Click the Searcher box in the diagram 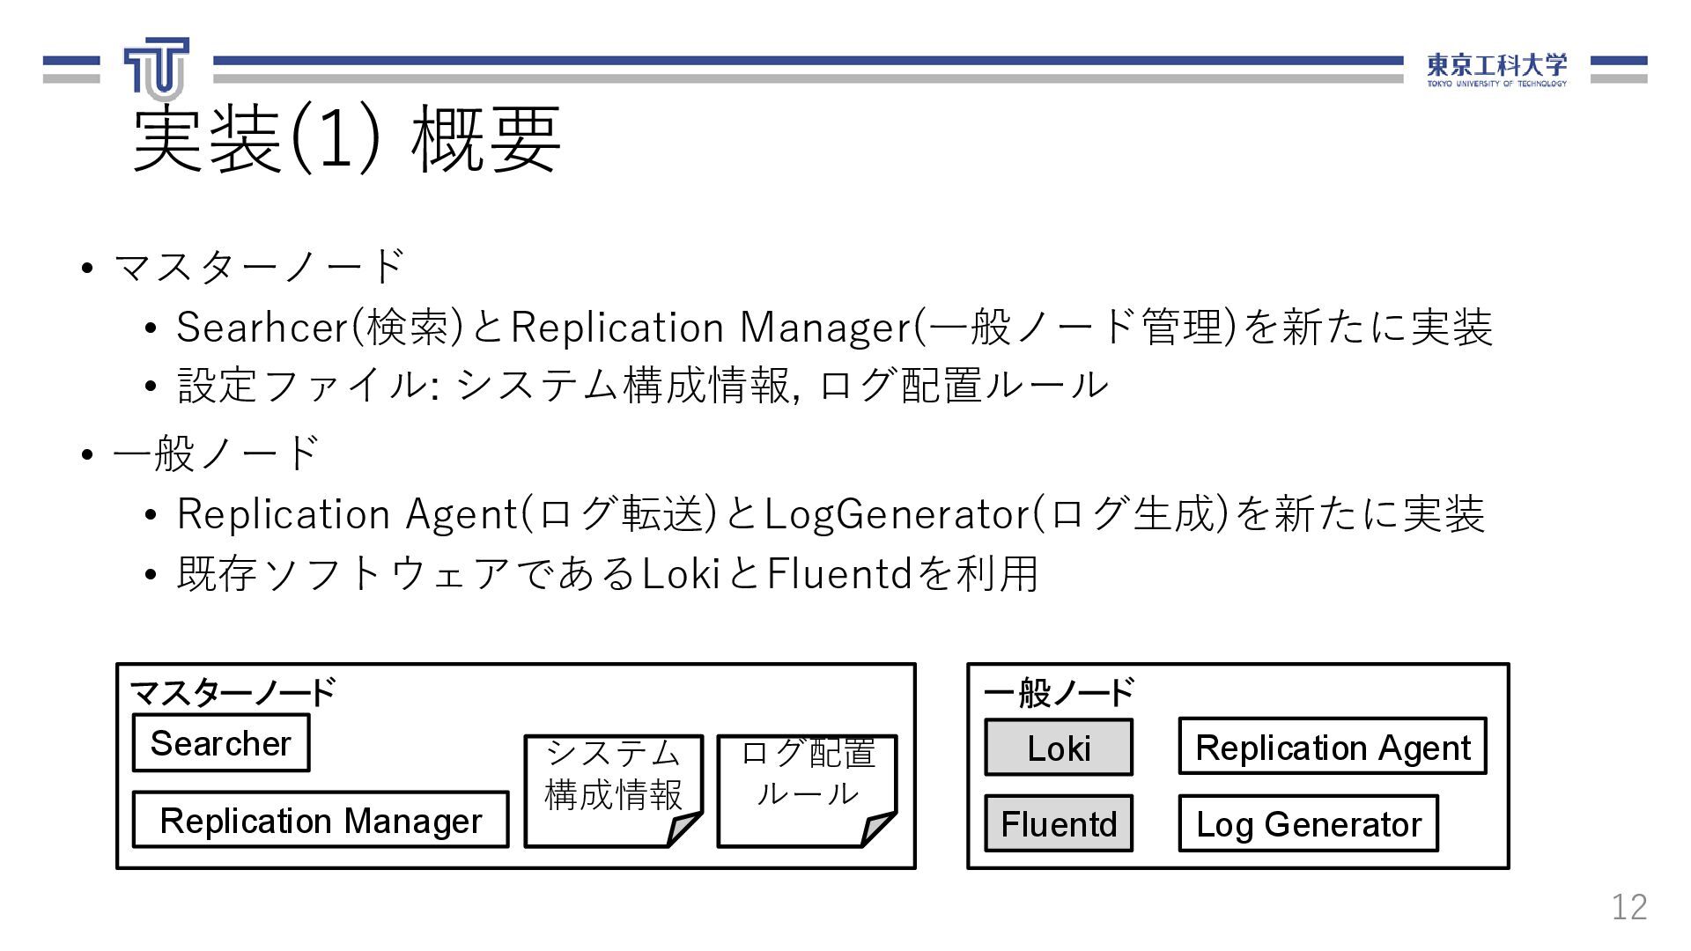(x=220, y=743)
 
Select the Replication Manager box (x=321, y=820)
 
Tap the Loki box (x=1059, y=748)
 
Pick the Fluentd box (x=1059, y=824)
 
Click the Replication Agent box (x=1333, y=747)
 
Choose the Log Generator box (x=1308, y=824)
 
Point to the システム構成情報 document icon (x=613, y=789)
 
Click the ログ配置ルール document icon (x=807, y=789)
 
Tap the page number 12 (x=1628, y=906)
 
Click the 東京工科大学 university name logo (x=1496, y=69)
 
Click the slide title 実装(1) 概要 (x=346, y=138)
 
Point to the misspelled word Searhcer (x=262, y=328)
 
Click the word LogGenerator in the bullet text (x=897, y=514)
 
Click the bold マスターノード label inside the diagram (x=233, y=692)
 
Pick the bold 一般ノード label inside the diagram (x=1059, y=692)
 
